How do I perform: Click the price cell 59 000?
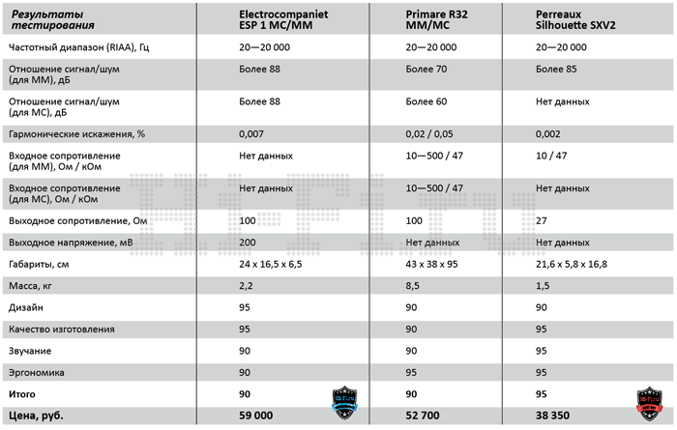260,417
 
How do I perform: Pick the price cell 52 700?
427,417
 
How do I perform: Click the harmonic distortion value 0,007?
252,133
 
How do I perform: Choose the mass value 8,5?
413,286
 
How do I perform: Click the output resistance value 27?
542,221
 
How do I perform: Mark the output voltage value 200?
248,243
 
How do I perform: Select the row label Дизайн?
26,308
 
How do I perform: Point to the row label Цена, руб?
35,417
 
